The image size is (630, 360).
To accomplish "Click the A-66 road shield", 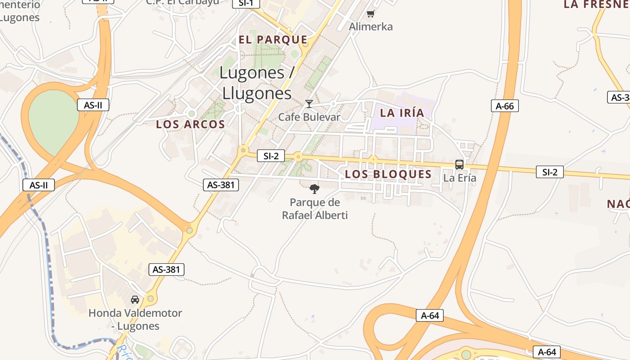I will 505,106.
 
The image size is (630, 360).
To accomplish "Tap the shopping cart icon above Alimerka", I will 370,14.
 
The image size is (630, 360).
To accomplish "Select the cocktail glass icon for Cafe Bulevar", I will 309,104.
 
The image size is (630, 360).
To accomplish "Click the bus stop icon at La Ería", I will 459,165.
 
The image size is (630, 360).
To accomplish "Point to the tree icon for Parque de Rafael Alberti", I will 315,189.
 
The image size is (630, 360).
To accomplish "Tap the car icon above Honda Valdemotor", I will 135,299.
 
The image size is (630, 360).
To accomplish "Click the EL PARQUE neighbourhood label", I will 273,40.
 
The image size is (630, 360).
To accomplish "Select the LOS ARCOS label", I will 190,124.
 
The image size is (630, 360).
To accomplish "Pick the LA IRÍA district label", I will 402,112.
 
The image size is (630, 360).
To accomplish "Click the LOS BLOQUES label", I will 388,174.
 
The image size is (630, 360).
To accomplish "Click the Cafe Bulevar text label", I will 309,117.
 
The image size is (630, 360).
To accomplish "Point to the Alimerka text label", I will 371,27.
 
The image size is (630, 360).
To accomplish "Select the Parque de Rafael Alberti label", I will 315,209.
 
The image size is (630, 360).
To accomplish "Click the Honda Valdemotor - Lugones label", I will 135,319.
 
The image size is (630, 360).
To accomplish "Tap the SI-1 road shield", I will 246,3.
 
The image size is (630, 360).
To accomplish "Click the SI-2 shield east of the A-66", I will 549,172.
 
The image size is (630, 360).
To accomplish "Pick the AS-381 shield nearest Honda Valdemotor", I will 166,270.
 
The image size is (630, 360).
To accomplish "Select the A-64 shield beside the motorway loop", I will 429,315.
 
